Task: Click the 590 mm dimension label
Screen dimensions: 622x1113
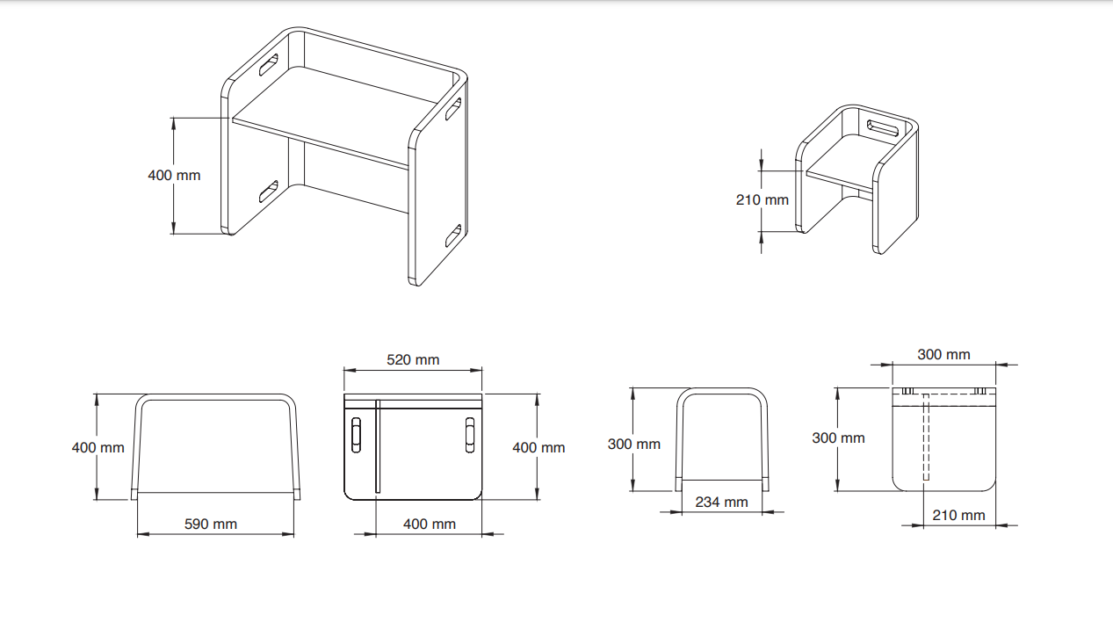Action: click(x=211, y=524)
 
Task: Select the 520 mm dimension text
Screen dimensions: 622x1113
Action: click(x=413, y=359)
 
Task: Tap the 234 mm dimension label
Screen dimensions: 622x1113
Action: click(x=721, y=502)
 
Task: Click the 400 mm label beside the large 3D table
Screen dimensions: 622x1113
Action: click(x=174, y=175)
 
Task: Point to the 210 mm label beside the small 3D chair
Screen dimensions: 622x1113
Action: click(x=762, y=199)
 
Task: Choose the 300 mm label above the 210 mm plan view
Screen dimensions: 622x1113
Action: click(x=943, y=354)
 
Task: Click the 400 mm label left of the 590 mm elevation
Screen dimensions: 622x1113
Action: click(x=98, y=447)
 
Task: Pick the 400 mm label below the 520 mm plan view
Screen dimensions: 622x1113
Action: click(x=430, y=524)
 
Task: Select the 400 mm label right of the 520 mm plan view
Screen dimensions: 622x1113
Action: click(x=538, y=447)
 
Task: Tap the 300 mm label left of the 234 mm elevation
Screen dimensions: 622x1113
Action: click(x=633, y=444)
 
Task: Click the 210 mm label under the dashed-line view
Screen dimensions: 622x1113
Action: click(x=958, y=515)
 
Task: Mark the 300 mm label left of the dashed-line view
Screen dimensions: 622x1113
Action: click(x=838, y=438)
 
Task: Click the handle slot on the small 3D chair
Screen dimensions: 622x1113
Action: click(x=882, y=128)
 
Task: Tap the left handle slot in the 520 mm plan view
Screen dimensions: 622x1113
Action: click(x=356, y=434)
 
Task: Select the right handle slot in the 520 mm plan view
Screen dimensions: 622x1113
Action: click(x=470, y=434)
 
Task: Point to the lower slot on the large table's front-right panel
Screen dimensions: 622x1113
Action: click(x=453, y=235)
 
